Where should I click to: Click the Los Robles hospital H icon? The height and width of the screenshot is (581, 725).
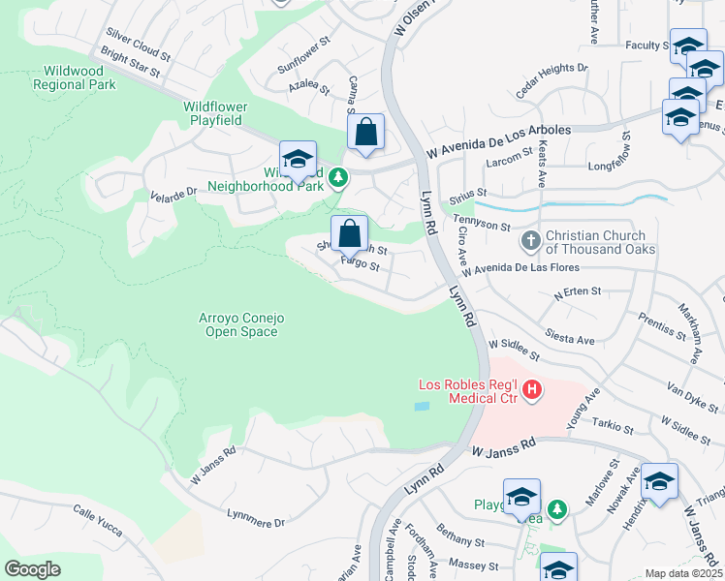point(531,390)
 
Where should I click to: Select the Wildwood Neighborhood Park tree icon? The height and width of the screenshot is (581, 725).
point(337,177)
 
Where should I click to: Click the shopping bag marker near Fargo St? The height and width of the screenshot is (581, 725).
point(349,233)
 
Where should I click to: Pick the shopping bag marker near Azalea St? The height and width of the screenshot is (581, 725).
point(365,132)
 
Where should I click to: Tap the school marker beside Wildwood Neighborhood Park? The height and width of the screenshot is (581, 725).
point(298,160)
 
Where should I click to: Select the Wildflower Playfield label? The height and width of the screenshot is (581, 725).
point(215,113)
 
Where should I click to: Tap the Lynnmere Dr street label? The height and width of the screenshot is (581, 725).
point(256,518)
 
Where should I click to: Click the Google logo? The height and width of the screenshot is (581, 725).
point(33,569)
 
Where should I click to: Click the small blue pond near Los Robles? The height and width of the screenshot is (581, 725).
point(421,407)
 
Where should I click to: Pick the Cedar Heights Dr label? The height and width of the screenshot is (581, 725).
point(552,79)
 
